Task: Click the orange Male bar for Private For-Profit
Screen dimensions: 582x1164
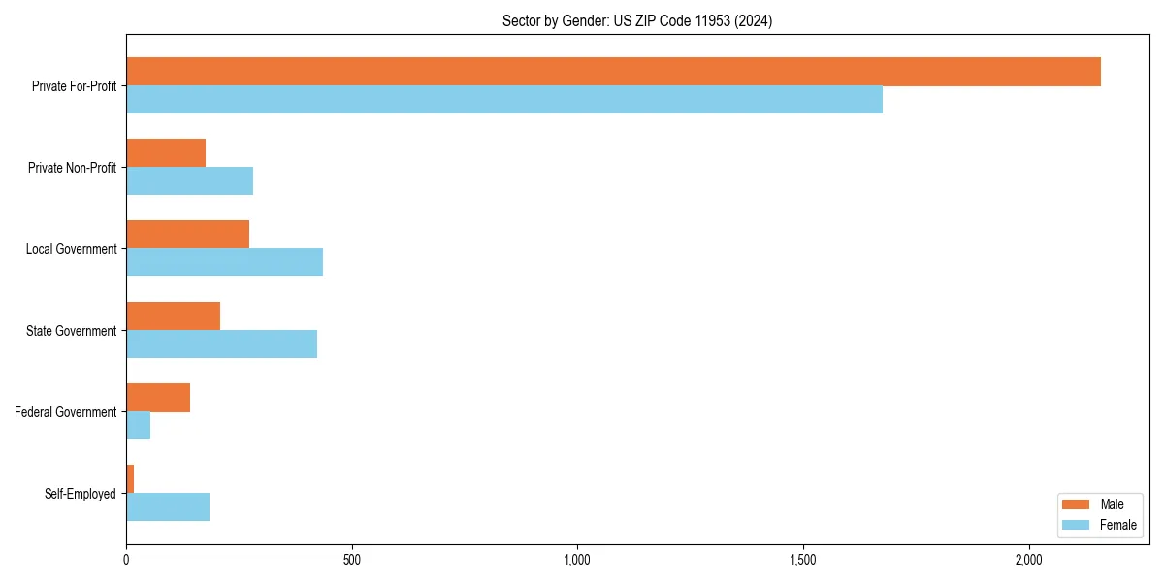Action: point(613,72)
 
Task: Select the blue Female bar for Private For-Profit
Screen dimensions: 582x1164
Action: point(504,100)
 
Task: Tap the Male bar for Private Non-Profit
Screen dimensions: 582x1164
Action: point(166,153)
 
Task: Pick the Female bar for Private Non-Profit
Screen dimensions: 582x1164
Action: point(189,181)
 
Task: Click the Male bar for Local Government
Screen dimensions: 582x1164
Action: point(187,235)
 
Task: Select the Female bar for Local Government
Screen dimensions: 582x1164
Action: point(224,263)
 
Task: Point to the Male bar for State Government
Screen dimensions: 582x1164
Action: point(173,316)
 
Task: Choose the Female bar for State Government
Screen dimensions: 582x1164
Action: point(221,344)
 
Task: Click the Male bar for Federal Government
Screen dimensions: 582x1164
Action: point(158,398)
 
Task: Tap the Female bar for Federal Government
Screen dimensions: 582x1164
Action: point(138,426)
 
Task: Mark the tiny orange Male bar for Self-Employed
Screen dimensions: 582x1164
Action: point(130,479)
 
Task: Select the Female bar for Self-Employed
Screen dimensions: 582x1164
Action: point(168,507)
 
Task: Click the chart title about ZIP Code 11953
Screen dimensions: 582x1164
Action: point(637,21)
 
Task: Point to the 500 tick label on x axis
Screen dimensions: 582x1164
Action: point(351,560)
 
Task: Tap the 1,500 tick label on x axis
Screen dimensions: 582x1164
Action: point(802,560)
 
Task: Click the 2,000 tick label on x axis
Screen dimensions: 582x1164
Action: point(1028,560)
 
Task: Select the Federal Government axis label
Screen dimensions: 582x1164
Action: point(66,412)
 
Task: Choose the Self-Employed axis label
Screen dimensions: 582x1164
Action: point(81,494)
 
